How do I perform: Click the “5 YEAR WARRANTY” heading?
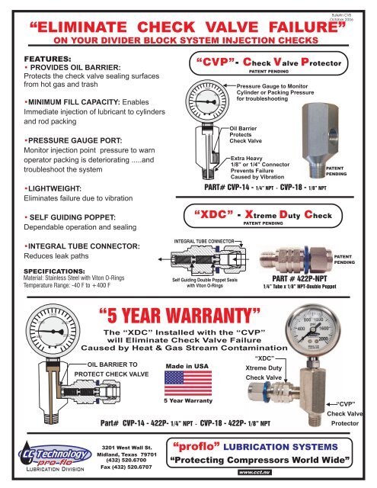pos(158,312)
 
